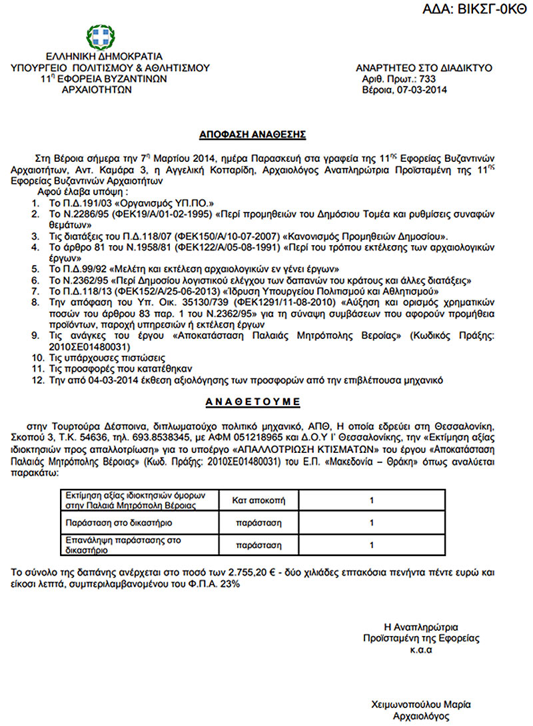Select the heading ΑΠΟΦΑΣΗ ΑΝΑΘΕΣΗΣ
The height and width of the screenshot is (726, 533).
click(x=253, y=135)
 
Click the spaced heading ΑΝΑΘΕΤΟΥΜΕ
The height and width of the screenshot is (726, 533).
click(x=253, y=402)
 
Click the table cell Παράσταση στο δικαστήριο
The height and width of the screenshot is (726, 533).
click(x=109, y=523)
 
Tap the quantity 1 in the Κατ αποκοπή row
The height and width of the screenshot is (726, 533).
click(x=371, y=500)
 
